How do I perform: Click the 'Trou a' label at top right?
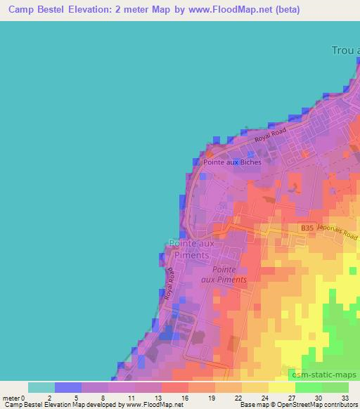pos(345,50)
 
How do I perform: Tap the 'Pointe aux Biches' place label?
pos(231,162)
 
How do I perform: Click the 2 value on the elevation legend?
pos(49,397)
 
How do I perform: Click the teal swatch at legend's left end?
pos(41,387)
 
